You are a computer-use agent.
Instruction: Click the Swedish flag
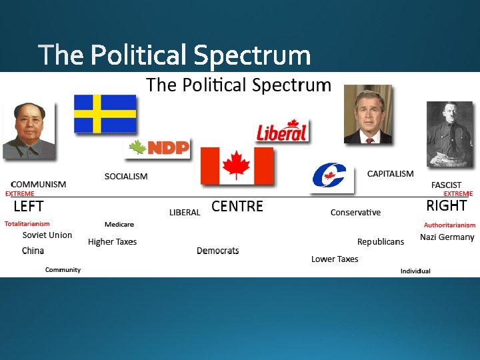tap(105, 114)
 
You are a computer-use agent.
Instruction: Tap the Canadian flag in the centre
tap(237, 165)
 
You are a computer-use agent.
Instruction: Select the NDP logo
tap(158, 148)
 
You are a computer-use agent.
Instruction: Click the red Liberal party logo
tap(282, 131)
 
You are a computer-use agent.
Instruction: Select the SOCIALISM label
tap(126, 176)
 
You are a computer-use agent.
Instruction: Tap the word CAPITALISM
tap(390, 173)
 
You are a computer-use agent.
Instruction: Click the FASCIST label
tap(446, 185)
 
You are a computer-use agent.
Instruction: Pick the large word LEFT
tap(29, 206)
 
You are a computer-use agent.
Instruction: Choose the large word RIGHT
tap(446, 205)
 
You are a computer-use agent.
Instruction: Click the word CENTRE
tap(237, 207)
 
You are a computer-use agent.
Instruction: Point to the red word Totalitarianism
tap(27, 224)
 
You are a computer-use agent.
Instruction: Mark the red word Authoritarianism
tap(449, 225)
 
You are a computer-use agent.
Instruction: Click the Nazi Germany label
tap(447, 237)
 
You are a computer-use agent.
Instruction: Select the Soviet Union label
tap(47, 235)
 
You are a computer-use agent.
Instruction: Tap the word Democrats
tap(217, 251)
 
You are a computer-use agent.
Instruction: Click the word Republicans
tap(380, 241)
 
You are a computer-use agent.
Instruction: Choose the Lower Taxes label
tap(335, 259)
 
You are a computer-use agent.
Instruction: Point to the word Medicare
tap(119, 225)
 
